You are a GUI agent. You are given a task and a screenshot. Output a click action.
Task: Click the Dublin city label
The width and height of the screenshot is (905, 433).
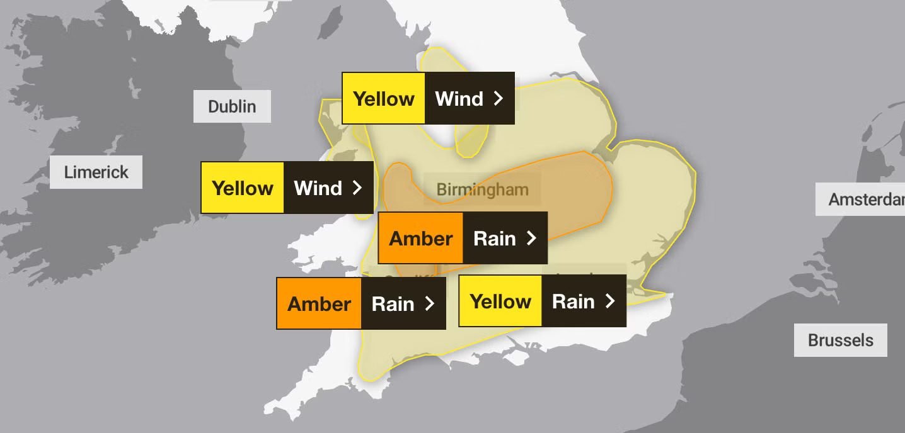(x=232, y=106)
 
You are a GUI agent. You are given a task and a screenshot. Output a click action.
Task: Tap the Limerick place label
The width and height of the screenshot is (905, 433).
(x=96, y=172)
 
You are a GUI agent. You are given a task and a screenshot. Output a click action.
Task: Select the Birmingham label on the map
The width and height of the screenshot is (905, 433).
(x=482, y=189)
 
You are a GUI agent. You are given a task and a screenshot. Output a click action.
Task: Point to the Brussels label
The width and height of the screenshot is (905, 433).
(x=840, y=340)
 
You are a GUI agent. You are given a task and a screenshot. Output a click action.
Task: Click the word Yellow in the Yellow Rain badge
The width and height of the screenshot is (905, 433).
(x=500, y=301)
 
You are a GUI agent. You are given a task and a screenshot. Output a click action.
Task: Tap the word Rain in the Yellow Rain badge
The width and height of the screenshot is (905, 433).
(x=573, y=301)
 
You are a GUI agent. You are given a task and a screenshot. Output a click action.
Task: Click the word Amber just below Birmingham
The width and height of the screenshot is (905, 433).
(x=420, y=238)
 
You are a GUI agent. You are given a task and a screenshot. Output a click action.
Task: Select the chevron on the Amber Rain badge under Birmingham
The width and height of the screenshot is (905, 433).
(x=531, y=238)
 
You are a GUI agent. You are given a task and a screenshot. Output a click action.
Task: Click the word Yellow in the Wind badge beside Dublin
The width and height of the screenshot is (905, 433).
(x=383, y=98)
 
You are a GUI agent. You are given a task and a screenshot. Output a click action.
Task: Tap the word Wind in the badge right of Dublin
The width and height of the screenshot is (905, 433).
(x=459, y=98)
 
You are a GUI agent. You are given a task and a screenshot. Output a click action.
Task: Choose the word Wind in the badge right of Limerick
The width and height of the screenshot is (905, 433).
(x=318, y=188)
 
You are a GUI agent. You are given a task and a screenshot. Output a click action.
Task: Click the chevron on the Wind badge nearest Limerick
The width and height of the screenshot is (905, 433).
(x=357, y=188)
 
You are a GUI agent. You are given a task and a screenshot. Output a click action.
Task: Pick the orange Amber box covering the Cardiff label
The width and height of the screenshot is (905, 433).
(x=319, y=303)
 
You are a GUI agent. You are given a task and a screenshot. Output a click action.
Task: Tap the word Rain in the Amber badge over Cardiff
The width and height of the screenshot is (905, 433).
(x=393, y=303)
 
